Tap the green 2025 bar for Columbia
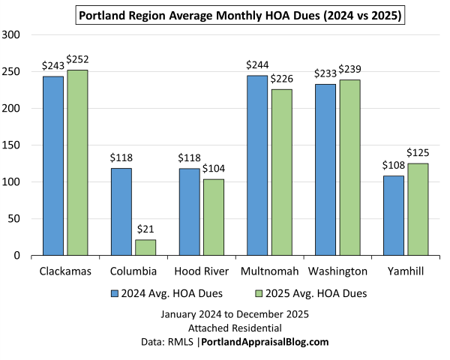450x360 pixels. [x=145, y=247]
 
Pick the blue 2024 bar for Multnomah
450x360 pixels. [x=257, y=166]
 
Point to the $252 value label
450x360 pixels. [x=77, y=59]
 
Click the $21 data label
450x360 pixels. [x=145, y=229]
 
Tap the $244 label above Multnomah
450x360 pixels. [x=257, y=65]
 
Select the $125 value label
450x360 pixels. [x=417, y=153]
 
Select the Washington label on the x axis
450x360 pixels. [x=337, y=271]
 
